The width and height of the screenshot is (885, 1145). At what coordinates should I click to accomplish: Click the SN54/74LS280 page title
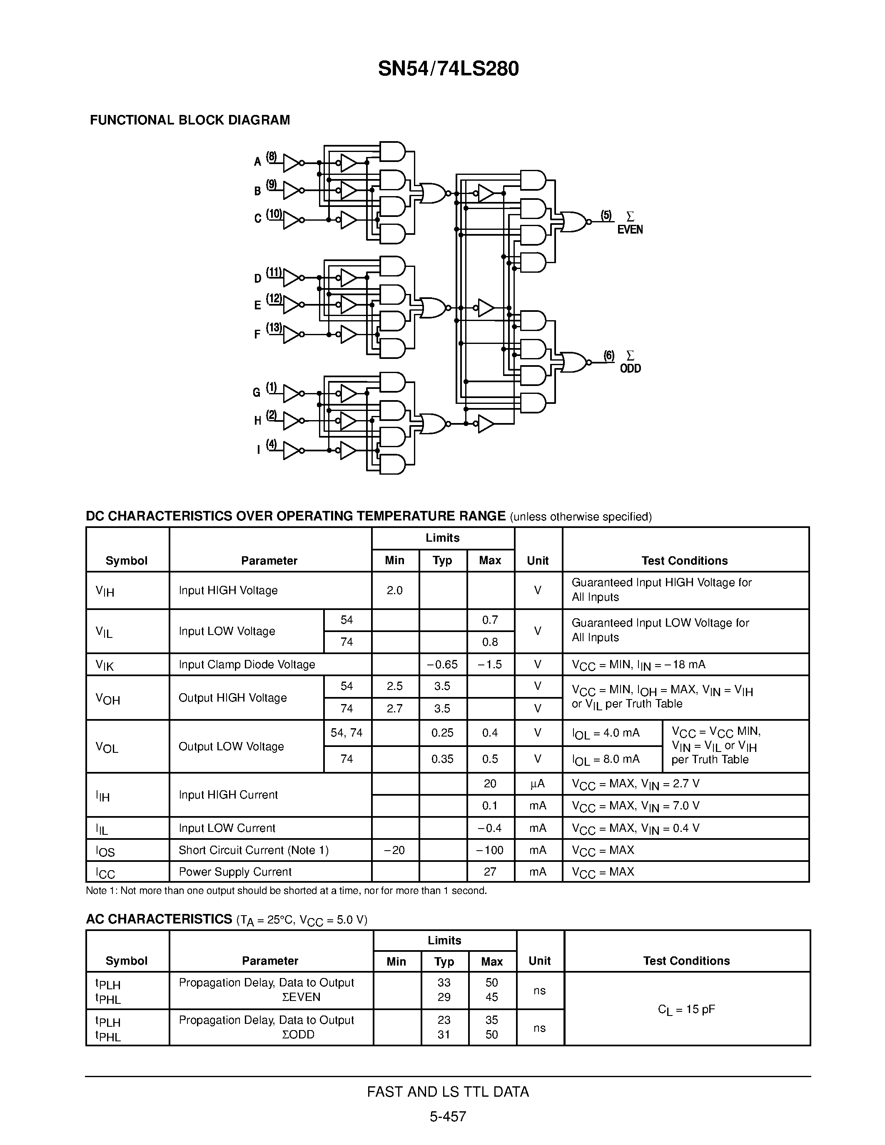point(448,69)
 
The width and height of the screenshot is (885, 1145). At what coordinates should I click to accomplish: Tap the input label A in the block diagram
point(257,162)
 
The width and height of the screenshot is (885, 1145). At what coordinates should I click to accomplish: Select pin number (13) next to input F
point(274,328)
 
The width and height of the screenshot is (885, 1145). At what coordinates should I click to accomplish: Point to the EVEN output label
point(630,230)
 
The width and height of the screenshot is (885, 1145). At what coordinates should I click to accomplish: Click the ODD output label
point(630,368)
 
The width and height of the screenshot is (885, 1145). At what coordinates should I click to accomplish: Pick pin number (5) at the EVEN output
point(606,216)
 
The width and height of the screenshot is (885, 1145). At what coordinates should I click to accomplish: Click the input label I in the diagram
point(258,450)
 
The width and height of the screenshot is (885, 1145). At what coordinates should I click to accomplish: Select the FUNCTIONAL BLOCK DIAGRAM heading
point(190,120)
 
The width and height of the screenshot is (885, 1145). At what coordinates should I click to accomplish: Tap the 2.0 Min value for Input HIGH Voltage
point(394,590)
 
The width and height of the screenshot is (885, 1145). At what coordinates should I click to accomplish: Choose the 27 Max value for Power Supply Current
point(490,872)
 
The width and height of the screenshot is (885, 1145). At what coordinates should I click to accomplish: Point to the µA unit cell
point(537,784)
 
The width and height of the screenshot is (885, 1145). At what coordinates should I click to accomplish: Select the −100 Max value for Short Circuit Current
point(490,850)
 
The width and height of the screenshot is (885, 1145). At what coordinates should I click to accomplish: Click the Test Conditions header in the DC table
point(684,560)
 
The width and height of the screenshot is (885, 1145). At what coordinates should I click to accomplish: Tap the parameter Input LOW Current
point(227,828)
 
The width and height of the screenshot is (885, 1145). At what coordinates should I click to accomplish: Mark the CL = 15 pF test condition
point(686,1009)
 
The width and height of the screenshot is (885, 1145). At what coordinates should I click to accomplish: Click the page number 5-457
point(448,1116)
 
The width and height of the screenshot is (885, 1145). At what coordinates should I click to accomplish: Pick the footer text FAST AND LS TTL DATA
point(448,1092)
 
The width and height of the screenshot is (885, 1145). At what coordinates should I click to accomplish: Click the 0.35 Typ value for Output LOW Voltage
point(442,759)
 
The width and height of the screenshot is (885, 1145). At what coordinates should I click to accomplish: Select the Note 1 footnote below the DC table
point(286,891)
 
